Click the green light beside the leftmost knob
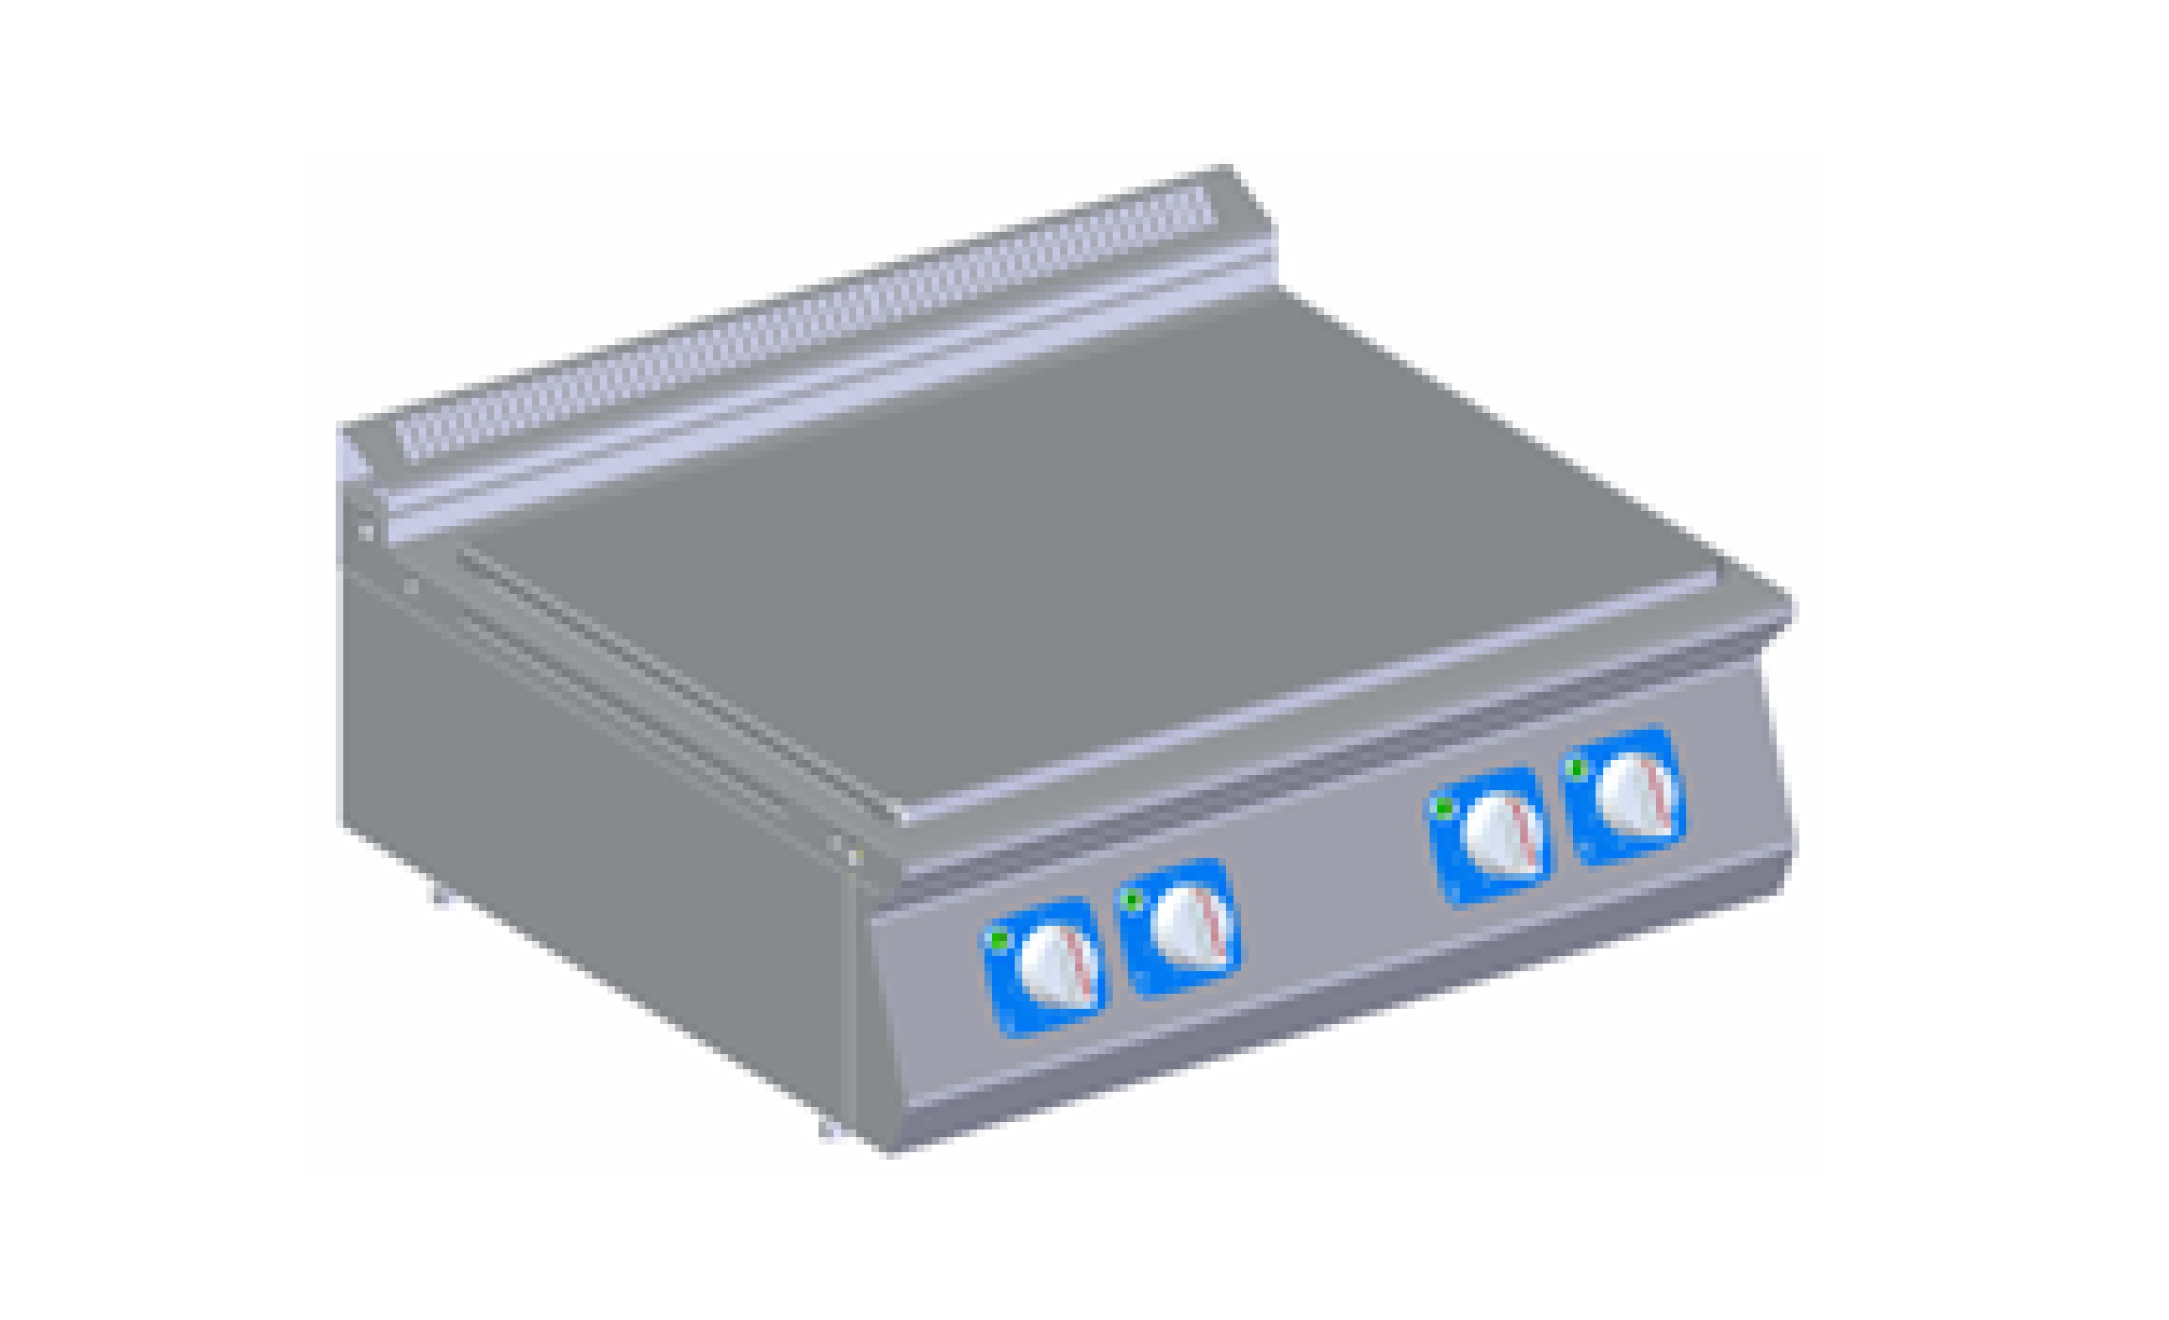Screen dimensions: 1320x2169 click(998, 939)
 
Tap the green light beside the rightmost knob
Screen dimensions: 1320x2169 click(1575, 769)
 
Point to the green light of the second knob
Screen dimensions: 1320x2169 click(1131, 901)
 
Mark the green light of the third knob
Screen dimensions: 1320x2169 click(1443, 809)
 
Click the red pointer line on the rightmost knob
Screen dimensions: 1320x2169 click(1657, 790)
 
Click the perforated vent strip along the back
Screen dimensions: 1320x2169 click(802, 321)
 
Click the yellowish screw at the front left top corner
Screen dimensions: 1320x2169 click(854, 856)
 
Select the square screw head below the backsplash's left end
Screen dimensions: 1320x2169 click(366, 533)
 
